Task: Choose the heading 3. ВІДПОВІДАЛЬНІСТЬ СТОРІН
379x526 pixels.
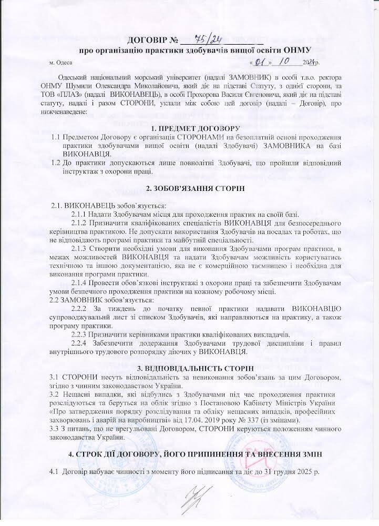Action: click(x=189, y=366)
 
